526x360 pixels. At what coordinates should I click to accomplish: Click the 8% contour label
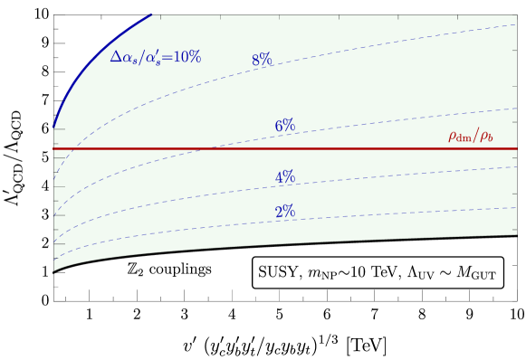(x=262, y=61)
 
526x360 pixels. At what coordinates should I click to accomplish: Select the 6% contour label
(x=285, y=126)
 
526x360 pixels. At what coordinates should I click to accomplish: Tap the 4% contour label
(x=285, y=177)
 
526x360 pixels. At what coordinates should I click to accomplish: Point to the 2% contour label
(x=285, y=212)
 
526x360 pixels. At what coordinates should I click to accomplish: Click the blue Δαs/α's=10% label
(x=155, y=57)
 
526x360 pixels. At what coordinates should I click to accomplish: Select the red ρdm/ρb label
(x=471, y=137)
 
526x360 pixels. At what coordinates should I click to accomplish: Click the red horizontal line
(x=362, y=148)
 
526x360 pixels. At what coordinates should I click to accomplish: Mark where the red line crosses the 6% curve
(x=207, y=148)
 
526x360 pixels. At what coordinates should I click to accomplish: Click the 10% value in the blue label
(x=187, y=57)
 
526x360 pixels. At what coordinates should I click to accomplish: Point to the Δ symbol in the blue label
(x=115, y=57)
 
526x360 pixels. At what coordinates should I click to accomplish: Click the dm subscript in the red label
(x=464, y=139)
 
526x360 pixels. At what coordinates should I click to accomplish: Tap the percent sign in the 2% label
(x=290, y=212)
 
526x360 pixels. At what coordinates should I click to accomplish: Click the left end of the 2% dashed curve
(x=55, y=260)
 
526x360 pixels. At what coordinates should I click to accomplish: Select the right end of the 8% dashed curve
(x=515, y=24)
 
